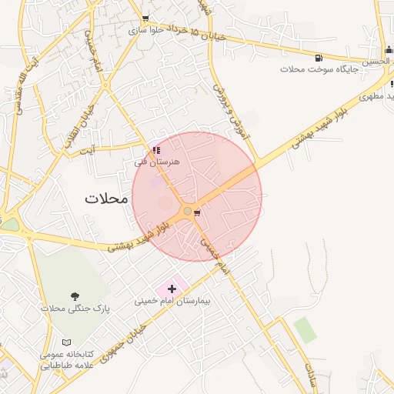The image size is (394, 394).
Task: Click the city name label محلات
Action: (x=105, y=198)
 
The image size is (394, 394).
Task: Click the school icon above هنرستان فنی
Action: (x=156, y=151)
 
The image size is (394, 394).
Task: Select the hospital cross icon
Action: (x=171, y=289)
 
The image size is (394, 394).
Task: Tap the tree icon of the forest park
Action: (x=75, y=296)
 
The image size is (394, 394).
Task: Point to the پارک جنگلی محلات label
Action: (x=75, y=309)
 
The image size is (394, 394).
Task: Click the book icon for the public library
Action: (x=66, y=342)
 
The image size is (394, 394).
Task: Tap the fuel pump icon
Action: (x=319, y=58)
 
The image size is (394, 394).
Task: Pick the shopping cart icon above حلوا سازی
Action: (x=146, y=18)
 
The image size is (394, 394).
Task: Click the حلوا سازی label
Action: (x=146, y=31)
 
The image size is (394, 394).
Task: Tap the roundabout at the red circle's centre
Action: (x=187, y=210)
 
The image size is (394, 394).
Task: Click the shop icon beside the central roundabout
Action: (x=198, y=212)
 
